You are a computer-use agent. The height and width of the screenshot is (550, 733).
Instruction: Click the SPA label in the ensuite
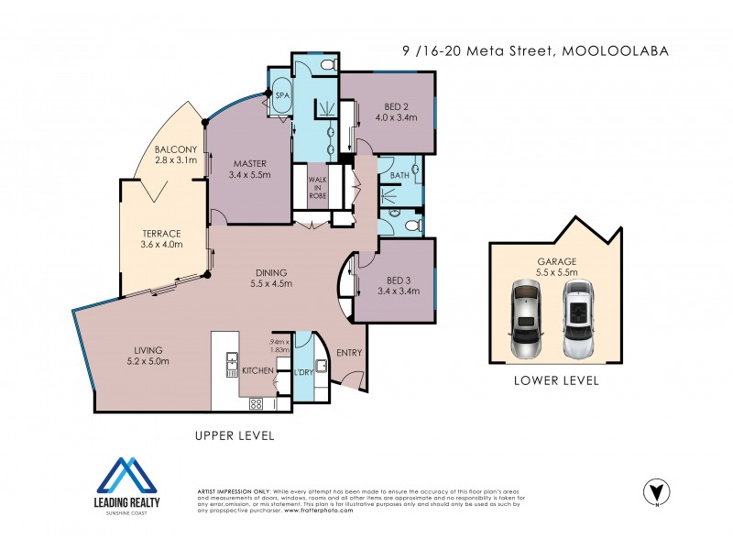[x=279, y=94]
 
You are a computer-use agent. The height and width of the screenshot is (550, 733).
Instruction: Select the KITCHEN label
[x=257, y=371]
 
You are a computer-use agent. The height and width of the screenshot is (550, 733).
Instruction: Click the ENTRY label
[x=349, y=353]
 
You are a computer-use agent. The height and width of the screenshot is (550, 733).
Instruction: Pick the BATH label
[x=399, y=175]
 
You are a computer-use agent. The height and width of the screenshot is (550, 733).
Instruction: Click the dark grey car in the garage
[x=526, y=319]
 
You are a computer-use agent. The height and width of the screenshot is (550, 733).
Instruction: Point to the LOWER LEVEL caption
[x=557, y=380]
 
